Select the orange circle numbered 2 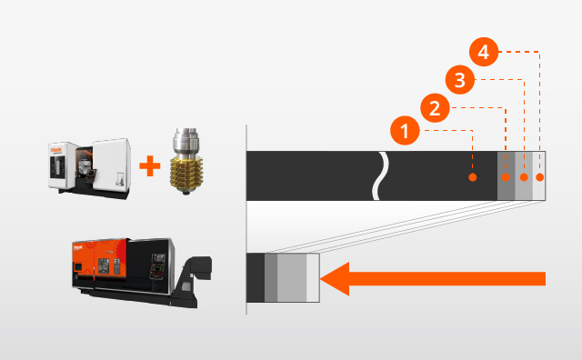[435, 109]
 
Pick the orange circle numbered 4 [485, 53]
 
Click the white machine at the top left [89, 164]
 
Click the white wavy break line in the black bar [384, 175]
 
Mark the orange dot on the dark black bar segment [472, 176]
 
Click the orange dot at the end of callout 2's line [506, 176]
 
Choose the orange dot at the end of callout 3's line [523, 176]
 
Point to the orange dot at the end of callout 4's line [539, 176]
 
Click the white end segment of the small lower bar [313, 276]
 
